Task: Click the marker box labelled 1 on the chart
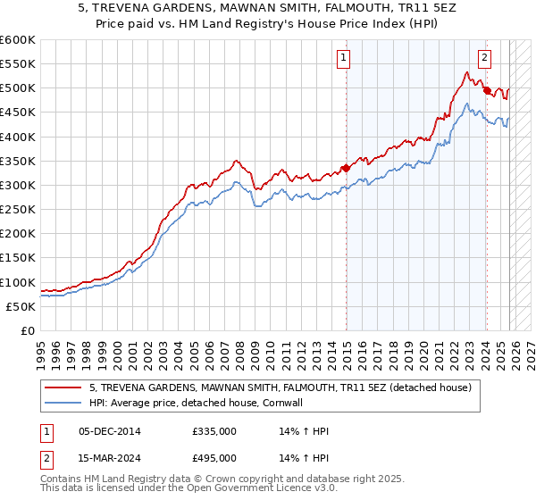coord(344,59)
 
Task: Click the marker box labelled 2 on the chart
coord(484,59)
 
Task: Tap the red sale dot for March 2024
coord(487,90)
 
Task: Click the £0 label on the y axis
coord(27,331)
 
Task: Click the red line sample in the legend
coord(63,388)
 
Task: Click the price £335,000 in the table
coord(214,431)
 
